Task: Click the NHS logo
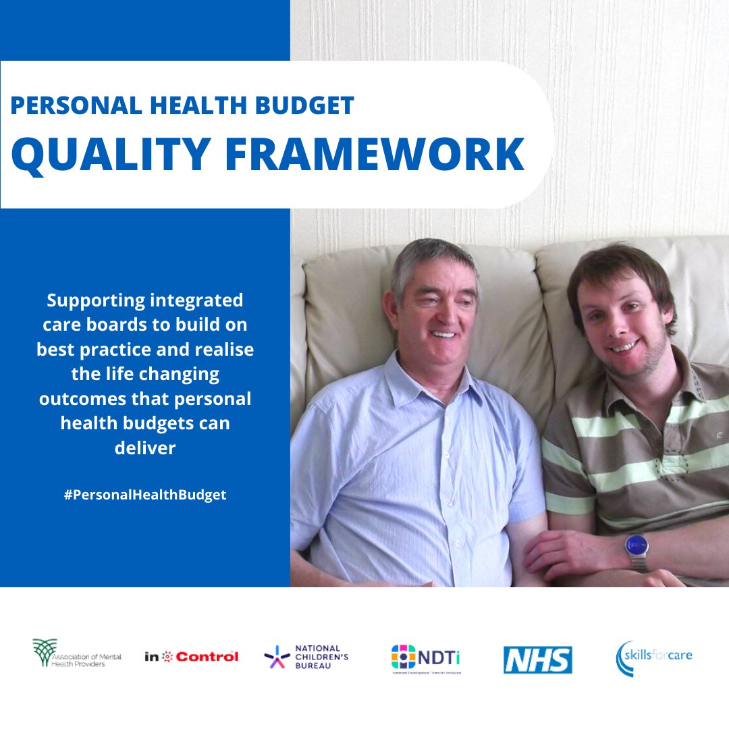(x=537, y=659)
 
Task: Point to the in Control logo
(x=191, y=656)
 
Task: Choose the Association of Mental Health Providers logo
(x=77, y=653)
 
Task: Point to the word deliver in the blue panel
(x=145, y=448)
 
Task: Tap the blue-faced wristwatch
(x=636, y=543)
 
